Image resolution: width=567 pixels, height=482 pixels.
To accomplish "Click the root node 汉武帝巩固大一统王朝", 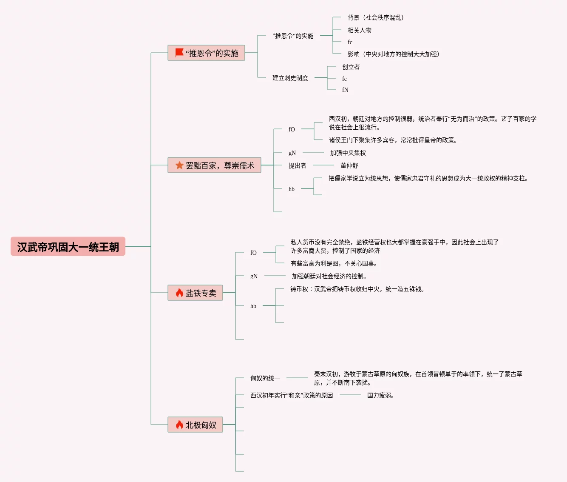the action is point(68,247).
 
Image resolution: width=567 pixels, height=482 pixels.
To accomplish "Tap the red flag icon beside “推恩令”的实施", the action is point(179,53).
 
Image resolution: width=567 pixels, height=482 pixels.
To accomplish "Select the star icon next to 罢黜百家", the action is point(179,165).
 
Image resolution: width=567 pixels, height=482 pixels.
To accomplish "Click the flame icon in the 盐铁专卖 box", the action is point(179,293).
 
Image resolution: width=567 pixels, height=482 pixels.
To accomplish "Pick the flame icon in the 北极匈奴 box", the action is point(179,425).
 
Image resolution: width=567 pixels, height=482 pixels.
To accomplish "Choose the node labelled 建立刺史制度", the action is point(290,78).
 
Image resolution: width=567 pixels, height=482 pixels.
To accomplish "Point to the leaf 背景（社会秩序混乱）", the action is point(376,17).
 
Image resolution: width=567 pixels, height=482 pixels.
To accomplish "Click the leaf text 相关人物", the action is point(360,30).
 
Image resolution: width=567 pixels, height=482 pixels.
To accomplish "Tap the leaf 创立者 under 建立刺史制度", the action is point(351,67).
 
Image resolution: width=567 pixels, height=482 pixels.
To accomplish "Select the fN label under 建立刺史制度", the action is point(345,90).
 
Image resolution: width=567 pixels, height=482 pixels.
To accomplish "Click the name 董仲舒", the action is point(349,165).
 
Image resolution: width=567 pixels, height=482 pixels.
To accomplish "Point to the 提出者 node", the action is point(297,165).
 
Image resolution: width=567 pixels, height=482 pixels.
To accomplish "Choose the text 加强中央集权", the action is point(348,153).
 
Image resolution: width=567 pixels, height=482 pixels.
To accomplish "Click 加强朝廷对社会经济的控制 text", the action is point(329,276).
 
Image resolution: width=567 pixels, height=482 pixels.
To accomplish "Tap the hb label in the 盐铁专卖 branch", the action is point(253,306).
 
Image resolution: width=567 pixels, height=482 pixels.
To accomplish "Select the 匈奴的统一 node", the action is point(265,378).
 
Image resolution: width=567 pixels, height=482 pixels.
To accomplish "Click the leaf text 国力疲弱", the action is point(380,395).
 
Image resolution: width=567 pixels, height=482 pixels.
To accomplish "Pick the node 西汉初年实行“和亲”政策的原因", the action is point(292,395).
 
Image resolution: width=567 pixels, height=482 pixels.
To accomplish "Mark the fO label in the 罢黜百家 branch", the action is point(292,129).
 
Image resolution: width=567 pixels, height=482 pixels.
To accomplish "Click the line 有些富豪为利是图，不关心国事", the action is point(334,263).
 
